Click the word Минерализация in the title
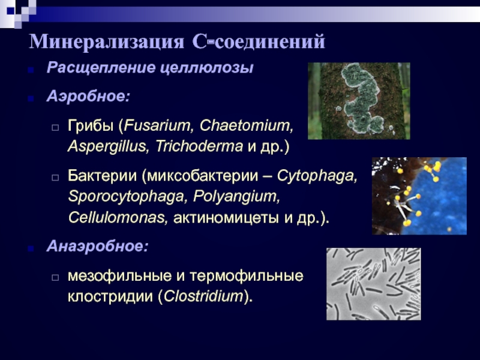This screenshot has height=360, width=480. (107, 41)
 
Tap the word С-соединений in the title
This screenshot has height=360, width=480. (259, 41)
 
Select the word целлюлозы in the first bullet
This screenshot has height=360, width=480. (206, 68)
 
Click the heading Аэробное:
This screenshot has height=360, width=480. (88, 96)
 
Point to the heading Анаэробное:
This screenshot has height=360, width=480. (97, 245)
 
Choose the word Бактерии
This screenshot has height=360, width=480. (102, 176)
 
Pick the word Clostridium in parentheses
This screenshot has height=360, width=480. (203, 296)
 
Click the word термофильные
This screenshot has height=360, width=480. (247, 276)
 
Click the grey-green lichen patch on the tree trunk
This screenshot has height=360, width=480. (361, 98)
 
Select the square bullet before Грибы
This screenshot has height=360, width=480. (55, 127)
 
